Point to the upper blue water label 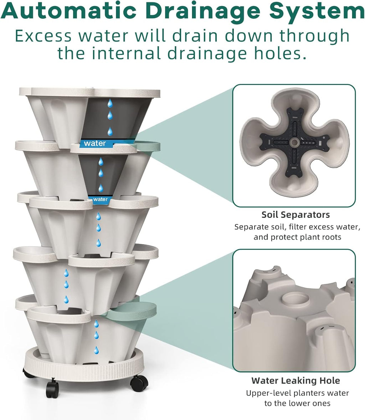coord(95,143)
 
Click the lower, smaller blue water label coord(100,199)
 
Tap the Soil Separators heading coord(295,215)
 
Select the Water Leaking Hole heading coord(295,380)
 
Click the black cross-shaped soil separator coord(294,142)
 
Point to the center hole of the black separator coord(294,142)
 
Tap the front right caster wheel coord(139,383)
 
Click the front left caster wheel coord(52,389)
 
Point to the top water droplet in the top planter coord(110,103)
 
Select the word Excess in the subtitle coord(43,36)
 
